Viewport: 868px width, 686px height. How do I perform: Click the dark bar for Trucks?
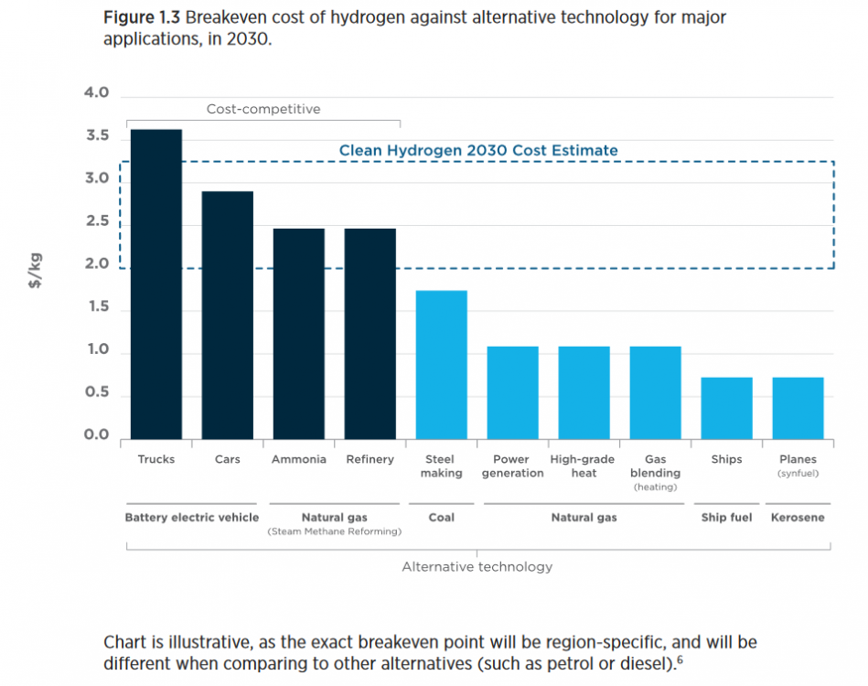pos(155,284)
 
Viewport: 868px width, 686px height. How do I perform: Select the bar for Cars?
pos(227,315)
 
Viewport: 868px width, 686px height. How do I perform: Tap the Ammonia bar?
pos(298,333)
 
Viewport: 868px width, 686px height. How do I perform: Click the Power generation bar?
pos(512,392)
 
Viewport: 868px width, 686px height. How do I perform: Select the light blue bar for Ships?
pos(726,408)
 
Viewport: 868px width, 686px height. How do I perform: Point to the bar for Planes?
pos(798,408)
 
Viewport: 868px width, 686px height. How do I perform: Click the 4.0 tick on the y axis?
pos(96,93)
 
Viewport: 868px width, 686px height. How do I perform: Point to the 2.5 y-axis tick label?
pos(96,222)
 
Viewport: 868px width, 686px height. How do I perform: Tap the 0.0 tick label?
pos(96,435)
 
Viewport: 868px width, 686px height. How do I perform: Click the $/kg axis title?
pos(36,271)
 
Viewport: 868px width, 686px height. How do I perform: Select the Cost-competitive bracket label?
pos(263,109)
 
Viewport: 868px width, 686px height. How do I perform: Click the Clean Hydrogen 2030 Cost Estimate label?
pos(478,150)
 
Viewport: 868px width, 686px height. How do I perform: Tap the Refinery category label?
pos(370,459)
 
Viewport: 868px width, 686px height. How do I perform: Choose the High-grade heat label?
pos(583,466)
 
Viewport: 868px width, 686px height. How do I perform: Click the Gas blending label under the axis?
pos(655,466)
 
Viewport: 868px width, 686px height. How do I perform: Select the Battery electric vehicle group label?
pos(192,518)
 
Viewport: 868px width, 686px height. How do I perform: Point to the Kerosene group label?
pos(798,518)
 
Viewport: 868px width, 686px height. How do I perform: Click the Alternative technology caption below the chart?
pos(477,567)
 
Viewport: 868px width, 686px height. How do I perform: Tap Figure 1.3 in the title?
pos(142,18)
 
